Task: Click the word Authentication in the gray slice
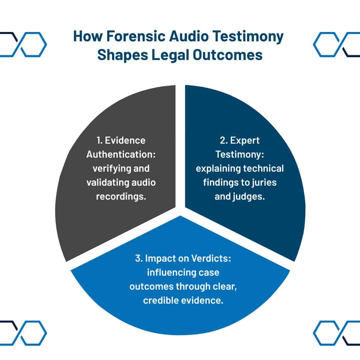pos(119,155)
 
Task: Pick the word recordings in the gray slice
pos(121,197)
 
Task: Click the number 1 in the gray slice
pos(99,140)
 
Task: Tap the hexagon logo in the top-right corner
pos(337,44)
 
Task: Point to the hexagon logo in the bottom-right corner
pos(337,332)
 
